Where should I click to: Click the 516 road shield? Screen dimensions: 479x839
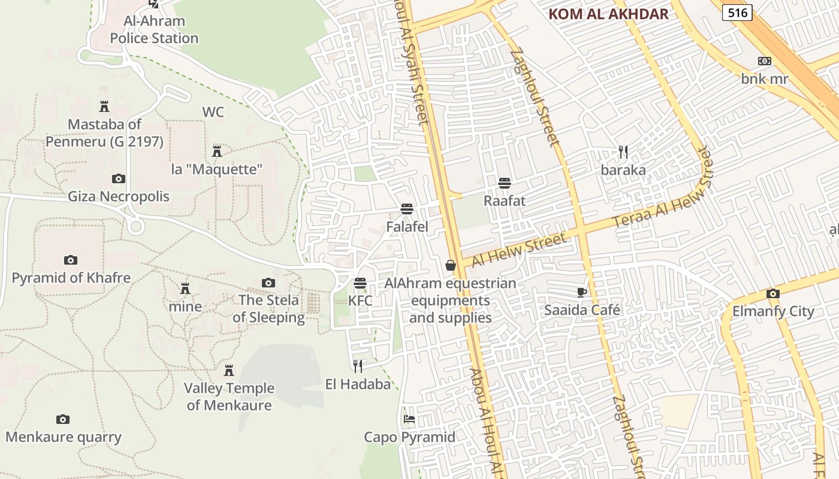click(x=737, y=12)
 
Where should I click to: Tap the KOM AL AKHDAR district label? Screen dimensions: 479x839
click(x=608, y=14)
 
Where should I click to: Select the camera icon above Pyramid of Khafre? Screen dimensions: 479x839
click(x=71, y=260)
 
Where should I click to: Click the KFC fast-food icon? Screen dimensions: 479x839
click(x=360, y=283)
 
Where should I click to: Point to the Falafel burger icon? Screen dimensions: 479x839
click(x=407, y=209)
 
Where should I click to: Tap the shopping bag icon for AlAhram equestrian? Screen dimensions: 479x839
click(x=451, y=265)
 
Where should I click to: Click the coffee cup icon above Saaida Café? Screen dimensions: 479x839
click(x=581, y=292)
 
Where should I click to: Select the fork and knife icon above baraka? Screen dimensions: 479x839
click(x=623, y=152)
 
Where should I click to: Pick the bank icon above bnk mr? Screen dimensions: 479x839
click(x=764, y=61)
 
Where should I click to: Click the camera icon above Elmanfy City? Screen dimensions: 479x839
click(x=773, y=293)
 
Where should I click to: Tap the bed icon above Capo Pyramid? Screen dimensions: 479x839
click(x=409, y=419)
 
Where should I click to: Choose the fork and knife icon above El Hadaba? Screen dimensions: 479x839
click(x=358, y=366)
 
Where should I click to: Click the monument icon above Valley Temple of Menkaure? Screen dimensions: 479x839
click(x=228, y=371)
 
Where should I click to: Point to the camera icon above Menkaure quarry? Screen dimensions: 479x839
click(x=63, y=419)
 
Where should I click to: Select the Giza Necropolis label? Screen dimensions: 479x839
click(x=119, y=196)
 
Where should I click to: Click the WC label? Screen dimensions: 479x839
click(x=213, y=112)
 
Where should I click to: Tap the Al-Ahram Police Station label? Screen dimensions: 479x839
click(x=154, y=30)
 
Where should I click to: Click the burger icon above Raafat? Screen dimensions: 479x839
click(x=505, y=183)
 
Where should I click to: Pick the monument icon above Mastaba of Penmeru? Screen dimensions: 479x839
click(x=104, y=107)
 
